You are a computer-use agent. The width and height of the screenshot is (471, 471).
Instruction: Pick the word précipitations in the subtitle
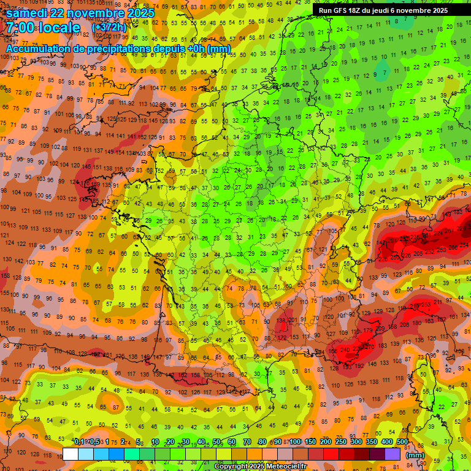coord(120,48)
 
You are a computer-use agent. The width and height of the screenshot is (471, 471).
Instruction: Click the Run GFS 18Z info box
coord(383,10)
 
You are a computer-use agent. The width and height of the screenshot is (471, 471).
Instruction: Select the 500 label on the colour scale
coord(402,442)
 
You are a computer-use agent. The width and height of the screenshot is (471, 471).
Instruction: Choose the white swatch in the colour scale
coord(71,454)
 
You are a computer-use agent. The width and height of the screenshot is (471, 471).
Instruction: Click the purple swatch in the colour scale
coord(393,454)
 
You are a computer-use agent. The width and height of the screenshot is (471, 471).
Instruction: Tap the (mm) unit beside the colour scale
coord(416,455)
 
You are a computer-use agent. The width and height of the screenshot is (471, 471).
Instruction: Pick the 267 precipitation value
coord(451,230)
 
